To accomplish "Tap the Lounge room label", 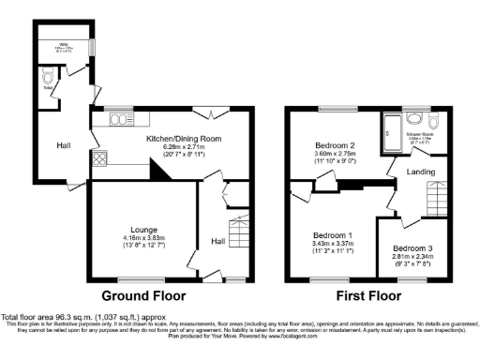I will click(143, 229).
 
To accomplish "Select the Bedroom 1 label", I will click(333, 234).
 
